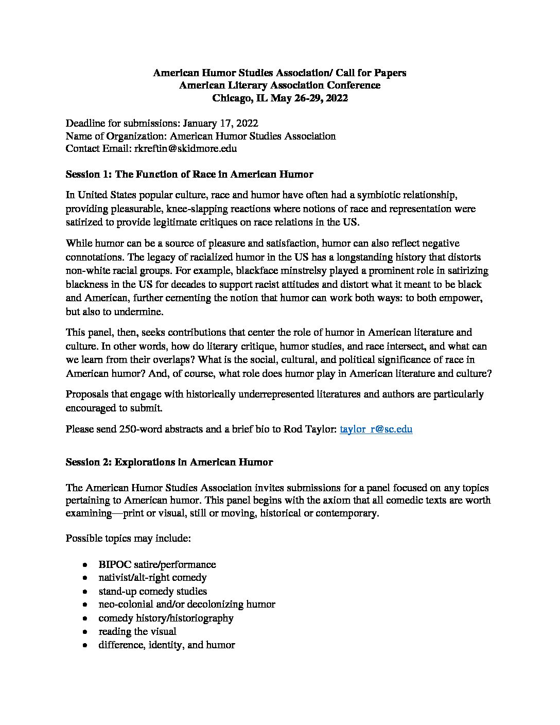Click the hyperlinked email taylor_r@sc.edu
[376, 429]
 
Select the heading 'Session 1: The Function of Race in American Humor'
[189, 175]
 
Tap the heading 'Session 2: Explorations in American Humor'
[169, 462]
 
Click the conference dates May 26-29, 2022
[309, 98]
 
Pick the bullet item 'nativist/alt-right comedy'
[152, 578]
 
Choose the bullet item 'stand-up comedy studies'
[152, 591]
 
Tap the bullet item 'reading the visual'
[137, 631]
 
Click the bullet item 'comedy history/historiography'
[166, 618]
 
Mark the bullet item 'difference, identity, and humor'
[167, 645]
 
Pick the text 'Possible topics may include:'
[129, 538]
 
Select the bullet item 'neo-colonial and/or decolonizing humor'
[187, 605]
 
